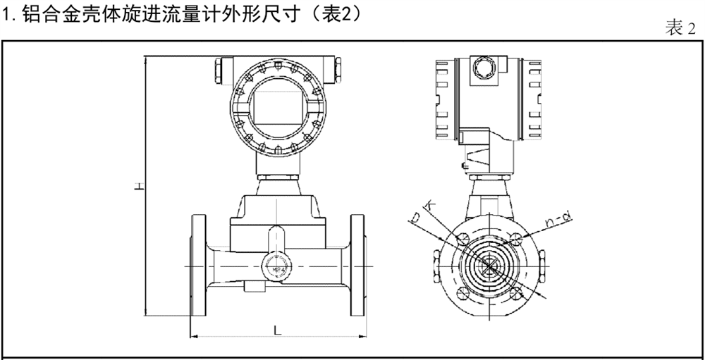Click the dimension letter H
[x=140, y=186]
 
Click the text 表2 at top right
[x=680, y=29]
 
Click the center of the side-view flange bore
[x=489, y=266]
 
